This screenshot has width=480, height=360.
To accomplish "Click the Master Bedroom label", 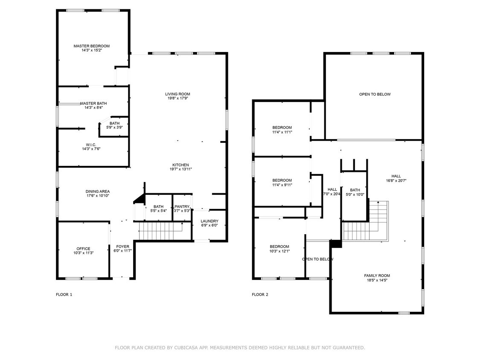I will point(91,46).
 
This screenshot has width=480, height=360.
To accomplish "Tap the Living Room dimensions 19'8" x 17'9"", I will point(177,98).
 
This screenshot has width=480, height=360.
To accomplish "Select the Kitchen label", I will point(180,165).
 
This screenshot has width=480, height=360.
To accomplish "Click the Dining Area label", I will point(98,192).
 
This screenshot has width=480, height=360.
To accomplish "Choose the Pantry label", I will point(182,207).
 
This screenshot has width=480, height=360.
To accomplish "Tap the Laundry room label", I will point(209,221).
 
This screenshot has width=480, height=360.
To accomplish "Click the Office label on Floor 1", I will point(83,249).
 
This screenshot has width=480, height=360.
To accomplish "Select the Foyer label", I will point(122,247).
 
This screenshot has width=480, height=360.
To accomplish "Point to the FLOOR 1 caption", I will point(64,294).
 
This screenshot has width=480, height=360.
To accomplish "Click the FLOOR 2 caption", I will point(260,294).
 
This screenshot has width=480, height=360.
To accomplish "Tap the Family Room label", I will point(377,276).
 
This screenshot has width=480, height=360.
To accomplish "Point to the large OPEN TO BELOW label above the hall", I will point(375,94).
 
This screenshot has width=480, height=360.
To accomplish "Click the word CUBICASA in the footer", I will point(188,348).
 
